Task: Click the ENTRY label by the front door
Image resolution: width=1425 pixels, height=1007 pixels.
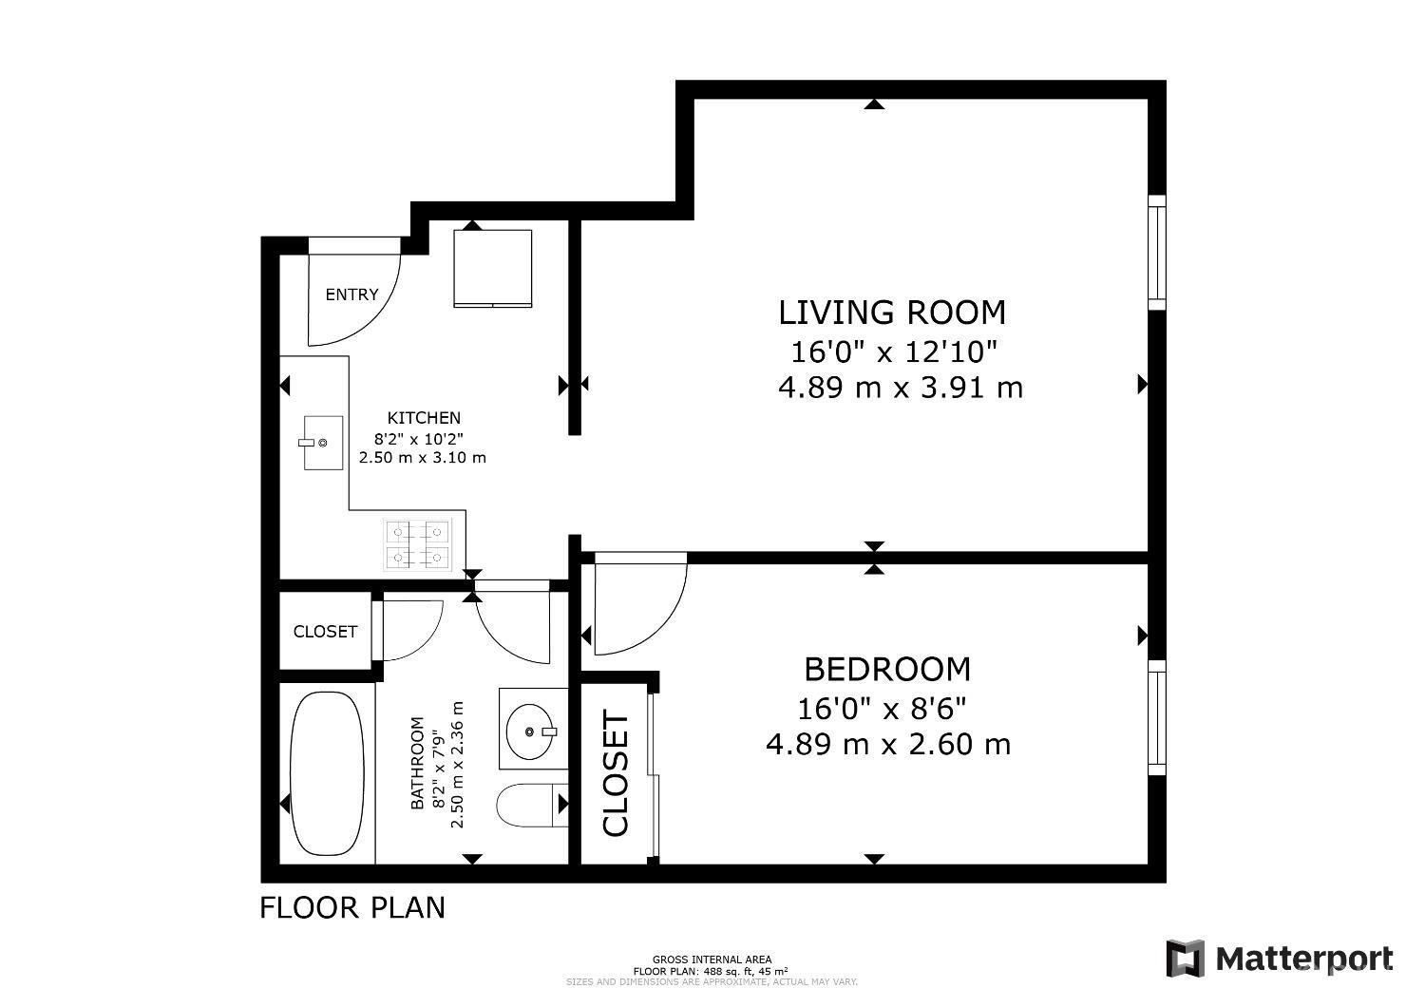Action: click(x=351, y=294)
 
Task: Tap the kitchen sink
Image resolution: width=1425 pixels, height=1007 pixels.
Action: click(x=323, y=443)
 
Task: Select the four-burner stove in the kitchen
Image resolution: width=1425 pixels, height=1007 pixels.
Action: click(x=417, y=544)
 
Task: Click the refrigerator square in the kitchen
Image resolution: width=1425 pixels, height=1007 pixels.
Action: click(x=492, y=269)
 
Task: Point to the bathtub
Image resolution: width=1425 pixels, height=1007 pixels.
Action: click(x=327, y=773)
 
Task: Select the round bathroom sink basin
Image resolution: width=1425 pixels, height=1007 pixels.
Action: click(x=530, y=731)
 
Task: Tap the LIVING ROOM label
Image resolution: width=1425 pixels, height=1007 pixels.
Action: click(x=892, y=313)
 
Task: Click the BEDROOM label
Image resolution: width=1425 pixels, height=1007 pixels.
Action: click(x=887, y=669)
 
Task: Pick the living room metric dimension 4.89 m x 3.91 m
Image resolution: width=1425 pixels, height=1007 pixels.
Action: click(x=901, y=388)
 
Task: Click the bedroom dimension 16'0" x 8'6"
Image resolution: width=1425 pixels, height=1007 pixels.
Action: click(x=882, y=708)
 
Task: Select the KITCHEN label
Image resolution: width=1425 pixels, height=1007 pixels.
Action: click(x=424, y=418)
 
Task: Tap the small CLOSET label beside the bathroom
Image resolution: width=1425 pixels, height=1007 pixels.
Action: click(x=325, y=631)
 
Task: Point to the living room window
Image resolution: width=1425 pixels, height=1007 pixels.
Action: click(x=1157, y=253)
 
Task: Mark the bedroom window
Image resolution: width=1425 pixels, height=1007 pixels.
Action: click(x=1157, y=717)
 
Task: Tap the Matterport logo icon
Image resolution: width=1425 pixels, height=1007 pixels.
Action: click(x=1186, y=959)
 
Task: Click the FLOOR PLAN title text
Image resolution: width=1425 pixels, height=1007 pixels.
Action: click(x=352, y=908)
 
